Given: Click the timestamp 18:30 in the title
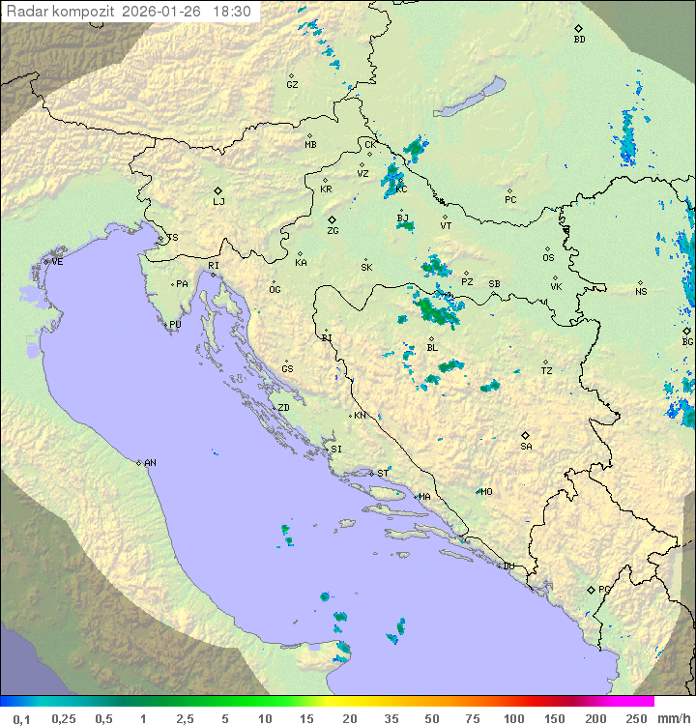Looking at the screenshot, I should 234,12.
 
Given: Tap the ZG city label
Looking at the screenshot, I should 333,231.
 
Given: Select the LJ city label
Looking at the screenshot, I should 218,202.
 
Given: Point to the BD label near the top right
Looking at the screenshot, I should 579,40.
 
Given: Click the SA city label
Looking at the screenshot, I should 526,447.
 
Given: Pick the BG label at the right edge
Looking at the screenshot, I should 687,342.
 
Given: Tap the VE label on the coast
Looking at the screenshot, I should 57,262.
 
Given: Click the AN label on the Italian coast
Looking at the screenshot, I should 150,463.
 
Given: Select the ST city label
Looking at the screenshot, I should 383,474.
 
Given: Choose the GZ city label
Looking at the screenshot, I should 292,85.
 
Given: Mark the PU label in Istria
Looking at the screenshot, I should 175,325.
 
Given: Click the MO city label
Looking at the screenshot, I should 486,492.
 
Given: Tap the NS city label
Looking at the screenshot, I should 641,292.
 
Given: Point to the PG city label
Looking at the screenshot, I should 604,590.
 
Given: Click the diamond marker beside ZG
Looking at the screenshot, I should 332,219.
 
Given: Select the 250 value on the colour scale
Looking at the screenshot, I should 636,718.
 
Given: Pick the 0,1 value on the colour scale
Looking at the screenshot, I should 21,718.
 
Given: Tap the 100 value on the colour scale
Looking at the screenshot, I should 512,718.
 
